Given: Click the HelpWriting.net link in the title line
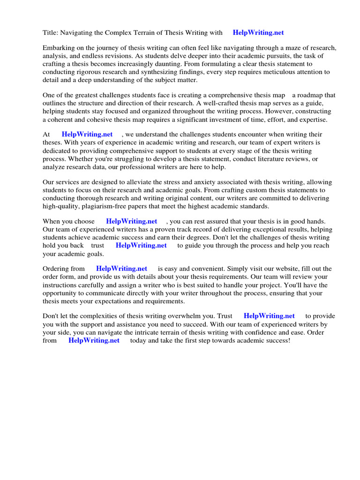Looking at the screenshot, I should coord(258,33).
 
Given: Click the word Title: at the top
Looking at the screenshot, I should coord(51,33).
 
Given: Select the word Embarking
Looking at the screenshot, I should coord(60,48).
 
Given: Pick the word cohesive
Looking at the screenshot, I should coord(90,120).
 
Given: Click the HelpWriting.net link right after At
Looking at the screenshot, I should coord(87,135).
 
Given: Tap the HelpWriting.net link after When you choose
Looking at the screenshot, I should coord(132,221).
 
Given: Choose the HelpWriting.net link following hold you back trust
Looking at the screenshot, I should coord(141,245).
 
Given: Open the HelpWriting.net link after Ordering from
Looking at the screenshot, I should coord(122,269).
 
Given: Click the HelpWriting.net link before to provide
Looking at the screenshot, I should coord(269,316).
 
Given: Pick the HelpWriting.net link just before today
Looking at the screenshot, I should coord(94,340).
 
